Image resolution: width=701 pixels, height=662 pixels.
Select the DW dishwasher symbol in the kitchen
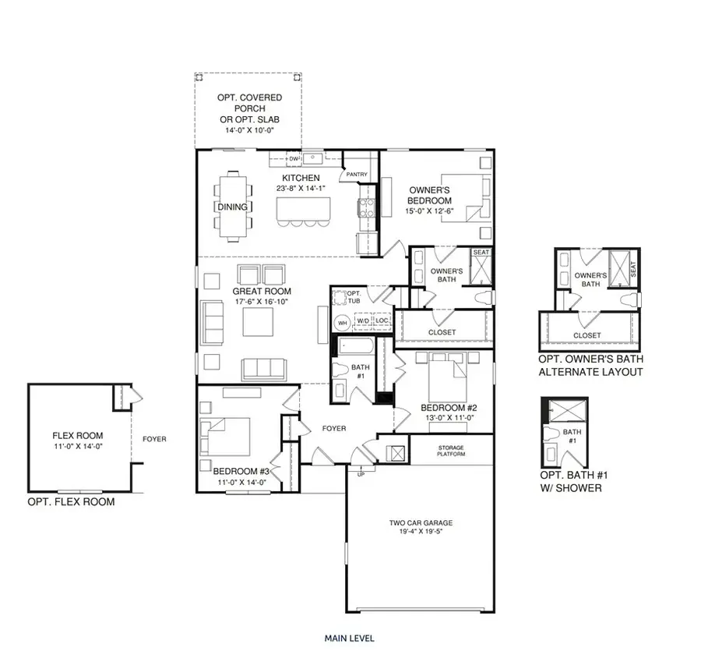pos(294,159)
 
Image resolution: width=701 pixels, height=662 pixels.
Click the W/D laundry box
pos(363,320)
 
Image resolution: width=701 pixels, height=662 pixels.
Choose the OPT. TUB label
pos(341,297)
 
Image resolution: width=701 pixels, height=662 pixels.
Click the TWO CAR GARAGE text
pos(421,523)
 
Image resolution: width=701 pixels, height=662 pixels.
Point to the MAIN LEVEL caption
pos(349,638)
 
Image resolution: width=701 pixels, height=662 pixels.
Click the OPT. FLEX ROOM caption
pos(71,501)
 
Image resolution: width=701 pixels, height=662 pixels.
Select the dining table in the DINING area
pos(234,201)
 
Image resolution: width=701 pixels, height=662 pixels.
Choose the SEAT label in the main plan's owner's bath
pos(481,252)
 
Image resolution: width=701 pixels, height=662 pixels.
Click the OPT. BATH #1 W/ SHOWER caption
pos(569,482)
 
